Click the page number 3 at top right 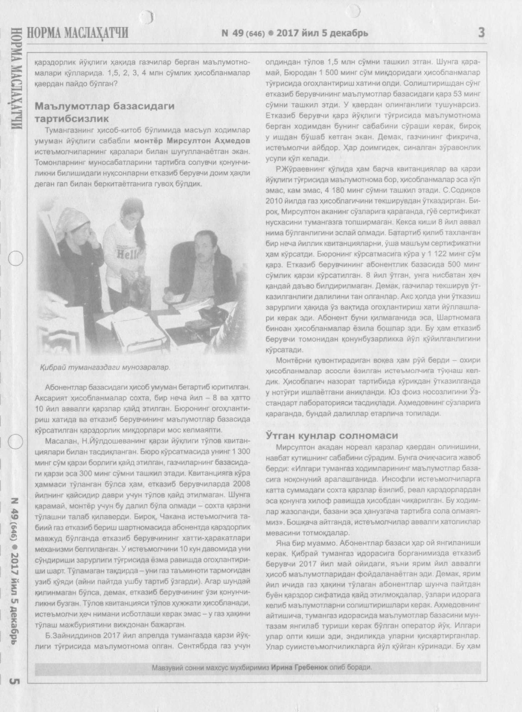pyautogui.click(x=481, y=33)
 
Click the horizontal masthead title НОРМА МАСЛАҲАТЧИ pyautogui.click(x=78, y=33)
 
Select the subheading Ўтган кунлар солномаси pyautogui.click(x=332, y=435)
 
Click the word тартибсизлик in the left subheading pyautogui.click(x=72, y=119)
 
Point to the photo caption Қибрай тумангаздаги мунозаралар pyautogui.click(x=105, y=367)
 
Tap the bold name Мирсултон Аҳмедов pyautogui.click(x=192, y=141)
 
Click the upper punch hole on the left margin pyautogui.click(x=15, y=258)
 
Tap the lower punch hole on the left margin pyautogui.click(x=15, y=441)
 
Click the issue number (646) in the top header pyautogui.click(x=255, y=34)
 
